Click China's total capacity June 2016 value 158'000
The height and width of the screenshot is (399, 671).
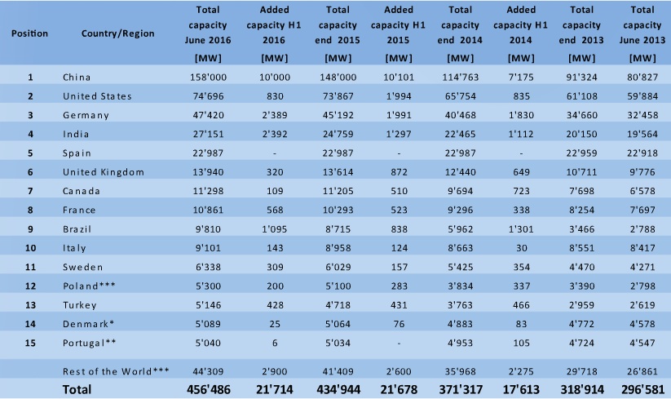pos(207,78)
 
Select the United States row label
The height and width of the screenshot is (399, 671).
pos(97,96)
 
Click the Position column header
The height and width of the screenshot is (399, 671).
pos(30,34)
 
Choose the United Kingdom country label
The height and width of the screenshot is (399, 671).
pos(104,172)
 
